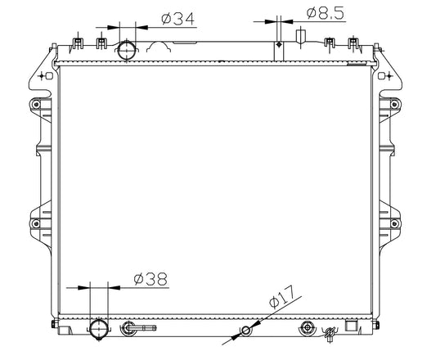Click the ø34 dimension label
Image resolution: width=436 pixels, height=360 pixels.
[178, 19]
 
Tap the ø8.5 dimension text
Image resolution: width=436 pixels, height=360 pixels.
[326, 13]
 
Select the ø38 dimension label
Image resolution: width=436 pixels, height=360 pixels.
[151, 279]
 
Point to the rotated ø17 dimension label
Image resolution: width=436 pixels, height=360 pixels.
[281, 297]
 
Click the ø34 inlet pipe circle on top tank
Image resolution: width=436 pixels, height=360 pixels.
[127, 50]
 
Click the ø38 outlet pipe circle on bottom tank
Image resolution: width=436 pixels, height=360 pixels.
[99, 329]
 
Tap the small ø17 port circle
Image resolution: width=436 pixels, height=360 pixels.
[245, 331]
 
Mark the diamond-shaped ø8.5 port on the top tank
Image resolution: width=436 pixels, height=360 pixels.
[279, 44]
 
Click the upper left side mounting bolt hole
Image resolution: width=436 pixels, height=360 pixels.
[36, 105]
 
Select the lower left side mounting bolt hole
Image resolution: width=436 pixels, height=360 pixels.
[36, 223]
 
